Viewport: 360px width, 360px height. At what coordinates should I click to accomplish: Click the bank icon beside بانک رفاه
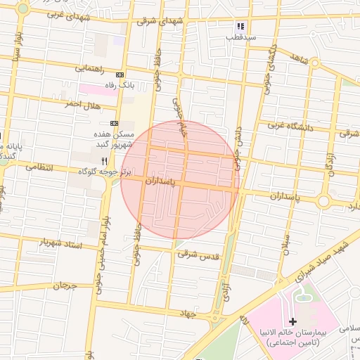(x=120, y=75)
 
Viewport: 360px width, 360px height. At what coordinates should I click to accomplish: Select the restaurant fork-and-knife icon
(x=104, y=161)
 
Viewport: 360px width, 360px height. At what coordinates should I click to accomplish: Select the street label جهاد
(x=186, y=312)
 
